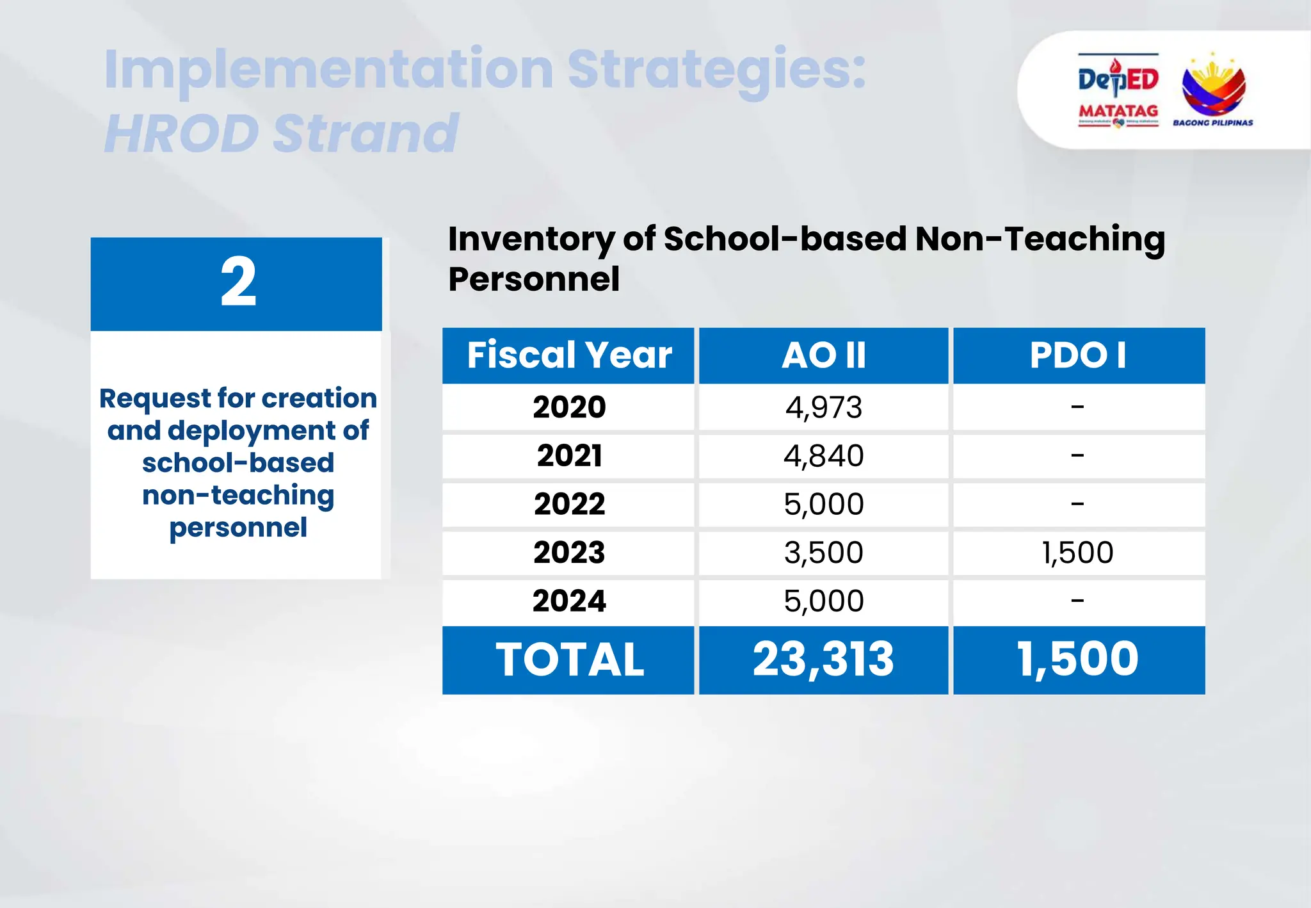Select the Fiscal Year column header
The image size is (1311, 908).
coord(568,355)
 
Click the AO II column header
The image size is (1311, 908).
coord(823,355)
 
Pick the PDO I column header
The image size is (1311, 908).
coord(1079,355)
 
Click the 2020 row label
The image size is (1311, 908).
coord(569,407)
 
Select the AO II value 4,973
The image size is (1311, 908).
coord(823,407)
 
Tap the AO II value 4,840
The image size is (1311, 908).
coord(823,456)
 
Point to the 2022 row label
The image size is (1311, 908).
coord(569,504)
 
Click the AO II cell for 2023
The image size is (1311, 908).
coord(823,553)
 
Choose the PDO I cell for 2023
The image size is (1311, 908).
coord(1078,553)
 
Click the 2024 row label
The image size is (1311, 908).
coord(569,601)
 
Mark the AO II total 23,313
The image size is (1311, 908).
coord(823,660)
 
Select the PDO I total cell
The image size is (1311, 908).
coord(1078,660)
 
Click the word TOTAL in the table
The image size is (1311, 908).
coord(569,660)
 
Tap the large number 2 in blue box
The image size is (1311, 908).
coord(238,282)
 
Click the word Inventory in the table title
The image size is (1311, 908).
coord(530,239)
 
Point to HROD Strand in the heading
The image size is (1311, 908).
coord(281,134)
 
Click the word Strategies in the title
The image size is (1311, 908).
coord(716,70)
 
